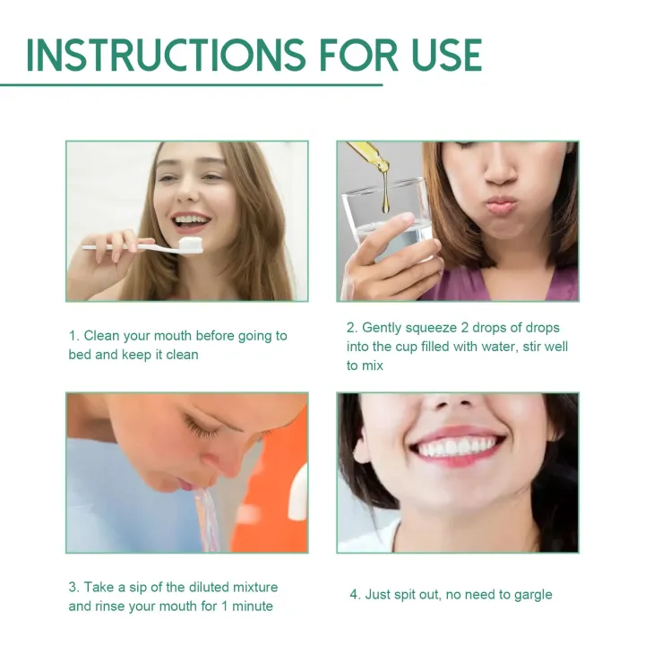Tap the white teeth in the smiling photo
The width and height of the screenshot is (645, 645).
coord(458,445)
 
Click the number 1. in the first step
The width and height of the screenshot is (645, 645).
coord(74,336)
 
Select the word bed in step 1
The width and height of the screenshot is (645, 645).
coord(80,355)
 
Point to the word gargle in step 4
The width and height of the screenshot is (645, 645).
coord(531,594)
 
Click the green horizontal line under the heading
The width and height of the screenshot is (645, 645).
coord(192,85)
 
